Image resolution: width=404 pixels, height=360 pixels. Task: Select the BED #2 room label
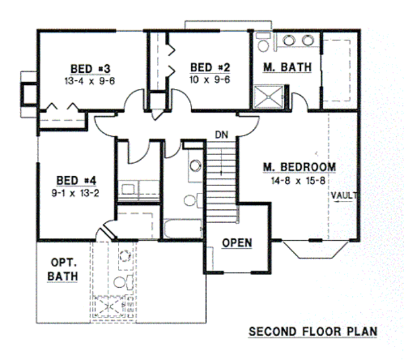[210, 67]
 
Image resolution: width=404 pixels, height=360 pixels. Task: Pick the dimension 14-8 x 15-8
[300, 180]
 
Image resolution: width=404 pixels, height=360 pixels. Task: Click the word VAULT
[344, 196]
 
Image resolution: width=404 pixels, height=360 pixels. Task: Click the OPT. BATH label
[63, 269]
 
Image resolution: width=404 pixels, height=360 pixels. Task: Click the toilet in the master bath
[264, 44]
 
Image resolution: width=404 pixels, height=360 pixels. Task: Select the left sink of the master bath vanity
[289, 40]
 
